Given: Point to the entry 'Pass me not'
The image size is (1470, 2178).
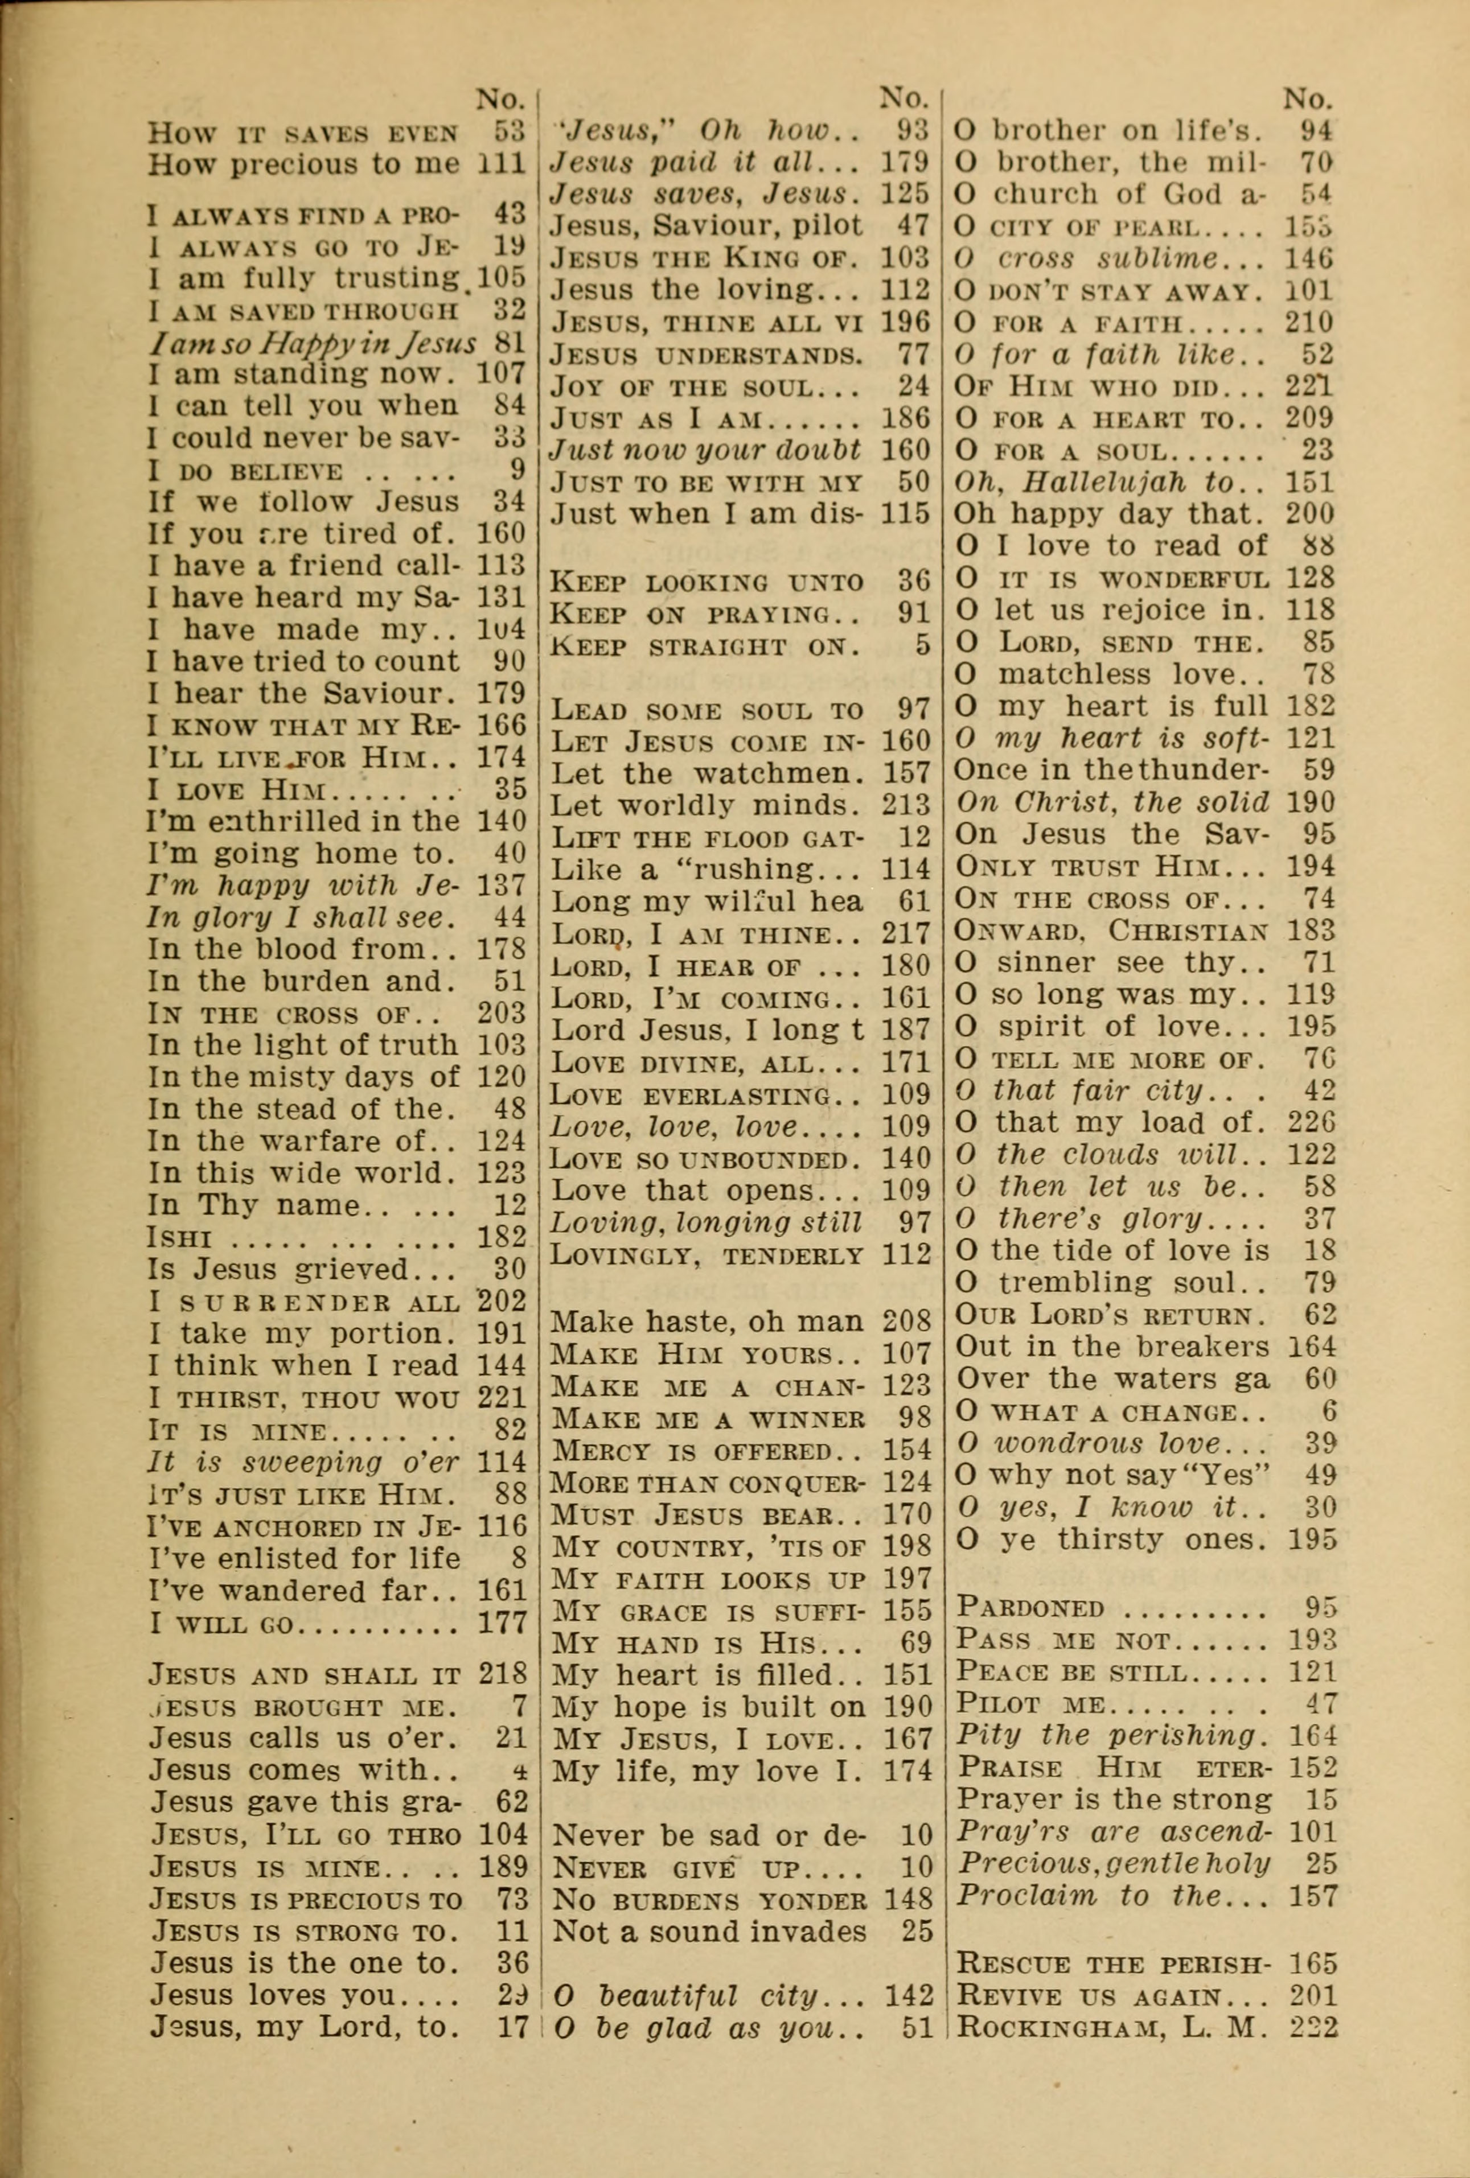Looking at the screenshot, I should pyautogui.click(x=1111, y=1640).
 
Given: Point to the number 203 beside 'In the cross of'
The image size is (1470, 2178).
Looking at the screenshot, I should pyautogui.click(x=502, y=1013).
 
